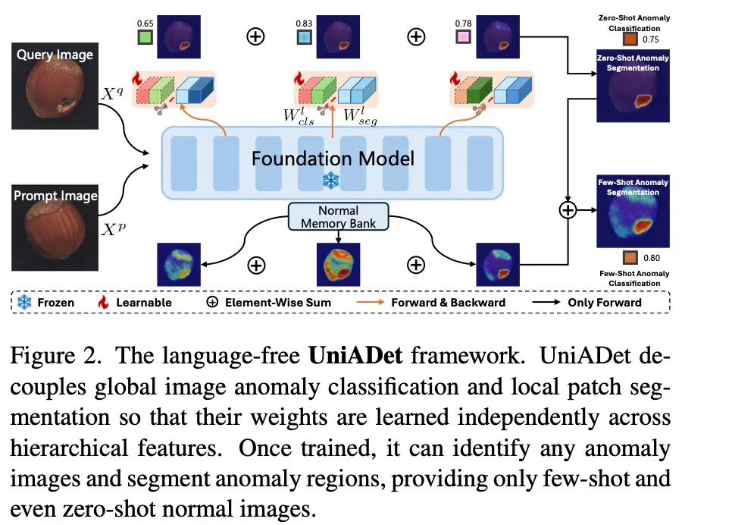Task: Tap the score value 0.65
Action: pyautogui.click(x=145, y=24)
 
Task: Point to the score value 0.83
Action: pyautogui.click(x=303, y=24)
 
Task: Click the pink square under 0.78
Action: pyautogui.click(x=461, y=37)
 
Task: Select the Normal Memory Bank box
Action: pyautogui.click(x=339, y=216)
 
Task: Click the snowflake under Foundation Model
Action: pyautogui.click(x=331, y=180)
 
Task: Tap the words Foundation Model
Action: pyautogui.click(x=333, y=159)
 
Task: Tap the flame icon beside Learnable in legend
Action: pyautogui.click(x=104, y=302)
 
